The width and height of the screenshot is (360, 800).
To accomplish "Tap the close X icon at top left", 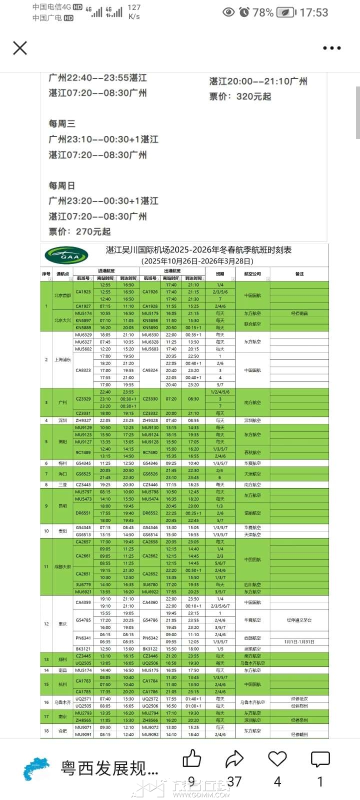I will (20, 48).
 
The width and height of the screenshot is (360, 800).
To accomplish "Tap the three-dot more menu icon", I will (331, 48).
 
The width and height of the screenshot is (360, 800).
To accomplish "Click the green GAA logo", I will (66, 256).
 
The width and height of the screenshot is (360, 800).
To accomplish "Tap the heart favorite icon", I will (277, 759).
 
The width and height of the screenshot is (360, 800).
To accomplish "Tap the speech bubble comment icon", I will (320, 759).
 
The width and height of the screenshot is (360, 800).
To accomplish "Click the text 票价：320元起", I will (240, 96).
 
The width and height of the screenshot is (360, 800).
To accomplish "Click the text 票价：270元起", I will (79, 231).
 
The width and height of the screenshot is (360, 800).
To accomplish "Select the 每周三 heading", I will (61, 123).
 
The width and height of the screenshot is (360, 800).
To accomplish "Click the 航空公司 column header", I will (252, 274).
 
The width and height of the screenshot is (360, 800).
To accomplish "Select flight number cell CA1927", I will (83, 306).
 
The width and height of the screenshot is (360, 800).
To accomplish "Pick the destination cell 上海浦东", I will (63, 360).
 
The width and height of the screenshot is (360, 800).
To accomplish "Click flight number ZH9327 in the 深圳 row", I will (83, 420).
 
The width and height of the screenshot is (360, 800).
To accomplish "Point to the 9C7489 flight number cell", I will (83, 452).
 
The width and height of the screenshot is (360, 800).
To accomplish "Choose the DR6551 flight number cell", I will (83, 513).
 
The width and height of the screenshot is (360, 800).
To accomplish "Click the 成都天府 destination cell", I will (63, 567).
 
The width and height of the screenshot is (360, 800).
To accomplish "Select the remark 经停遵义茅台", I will (299, 620).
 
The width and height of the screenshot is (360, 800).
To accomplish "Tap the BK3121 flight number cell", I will (83, 649).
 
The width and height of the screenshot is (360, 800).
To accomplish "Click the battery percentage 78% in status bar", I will (263, 12).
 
